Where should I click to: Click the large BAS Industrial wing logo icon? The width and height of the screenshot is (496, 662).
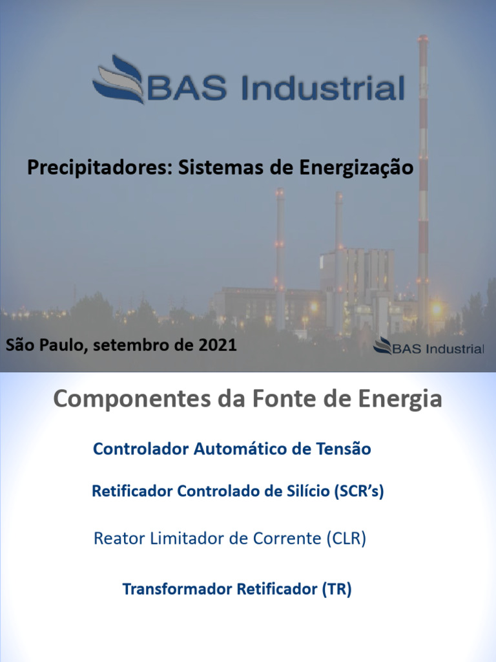(119, 80)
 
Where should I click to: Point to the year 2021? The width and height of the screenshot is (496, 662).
(217, 345)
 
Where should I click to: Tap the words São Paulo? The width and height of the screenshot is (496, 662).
(46, 345)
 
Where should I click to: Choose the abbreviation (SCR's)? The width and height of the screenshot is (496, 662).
(358, 491)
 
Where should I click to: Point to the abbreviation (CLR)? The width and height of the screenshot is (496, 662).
(346, 539)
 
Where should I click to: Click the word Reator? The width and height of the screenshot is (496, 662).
(116, 539)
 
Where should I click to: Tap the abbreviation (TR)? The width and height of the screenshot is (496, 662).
(336, 590)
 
